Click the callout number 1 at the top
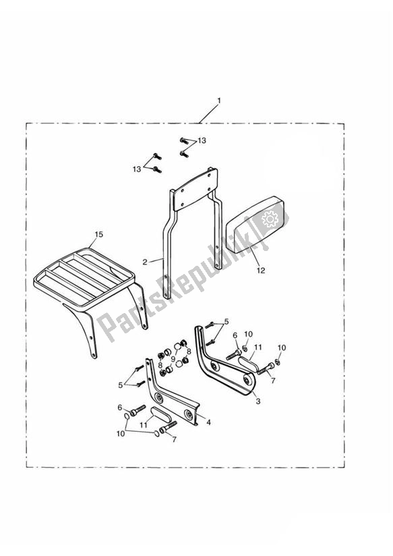click(218, 101)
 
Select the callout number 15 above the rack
click(99, 234)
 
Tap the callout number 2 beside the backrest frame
click(144, 262)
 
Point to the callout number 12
click(261, 271)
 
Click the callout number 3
click(258, 401)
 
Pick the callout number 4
click(209, 422)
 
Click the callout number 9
click(173, 358)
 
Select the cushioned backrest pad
click(256, 225)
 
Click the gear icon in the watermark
click(270, 219)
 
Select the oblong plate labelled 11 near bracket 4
click(159, 414)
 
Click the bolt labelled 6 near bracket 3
click(234, 353)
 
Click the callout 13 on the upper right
click(202, 141)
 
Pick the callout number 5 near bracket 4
click(121, 385)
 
